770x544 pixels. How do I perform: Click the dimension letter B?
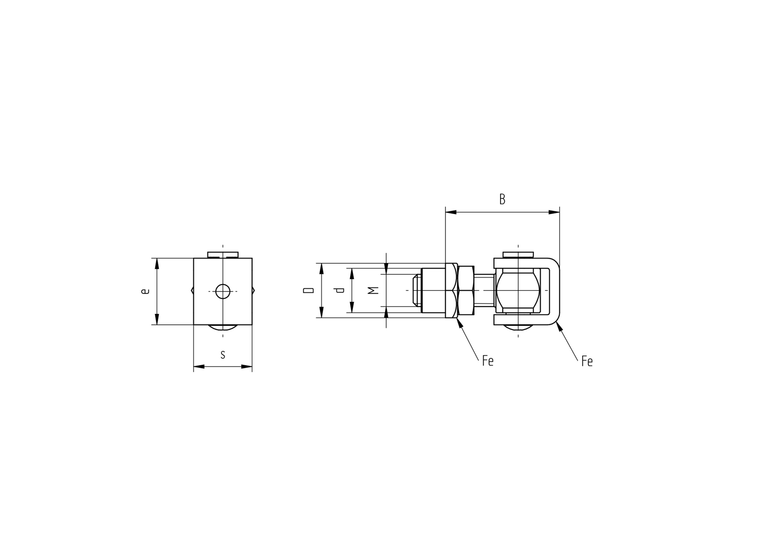coord(502,199)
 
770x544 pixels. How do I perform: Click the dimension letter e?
coord(145,291)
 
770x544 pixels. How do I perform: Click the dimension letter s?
coord(223,355)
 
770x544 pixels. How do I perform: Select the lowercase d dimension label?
coord(340,291)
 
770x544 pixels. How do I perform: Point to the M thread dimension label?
coord(374,291)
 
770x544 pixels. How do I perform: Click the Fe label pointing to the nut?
coord(488,361)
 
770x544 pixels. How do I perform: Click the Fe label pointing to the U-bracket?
coord(587,361)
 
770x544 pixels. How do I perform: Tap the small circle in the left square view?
coord(223,291)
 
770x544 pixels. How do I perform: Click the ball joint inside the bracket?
coord(518,291)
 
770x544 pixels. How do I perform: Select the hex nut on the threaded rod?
coord(466,291)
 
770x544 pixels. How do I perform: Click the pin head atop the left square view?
coord(223,254)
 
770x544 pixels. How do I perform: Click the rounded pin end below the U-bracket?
coord(518,327)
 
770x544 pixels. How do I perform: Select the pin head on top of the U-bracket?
coord(518,254)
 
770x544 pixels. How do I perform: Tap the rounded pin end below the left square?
coord(223,327)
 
